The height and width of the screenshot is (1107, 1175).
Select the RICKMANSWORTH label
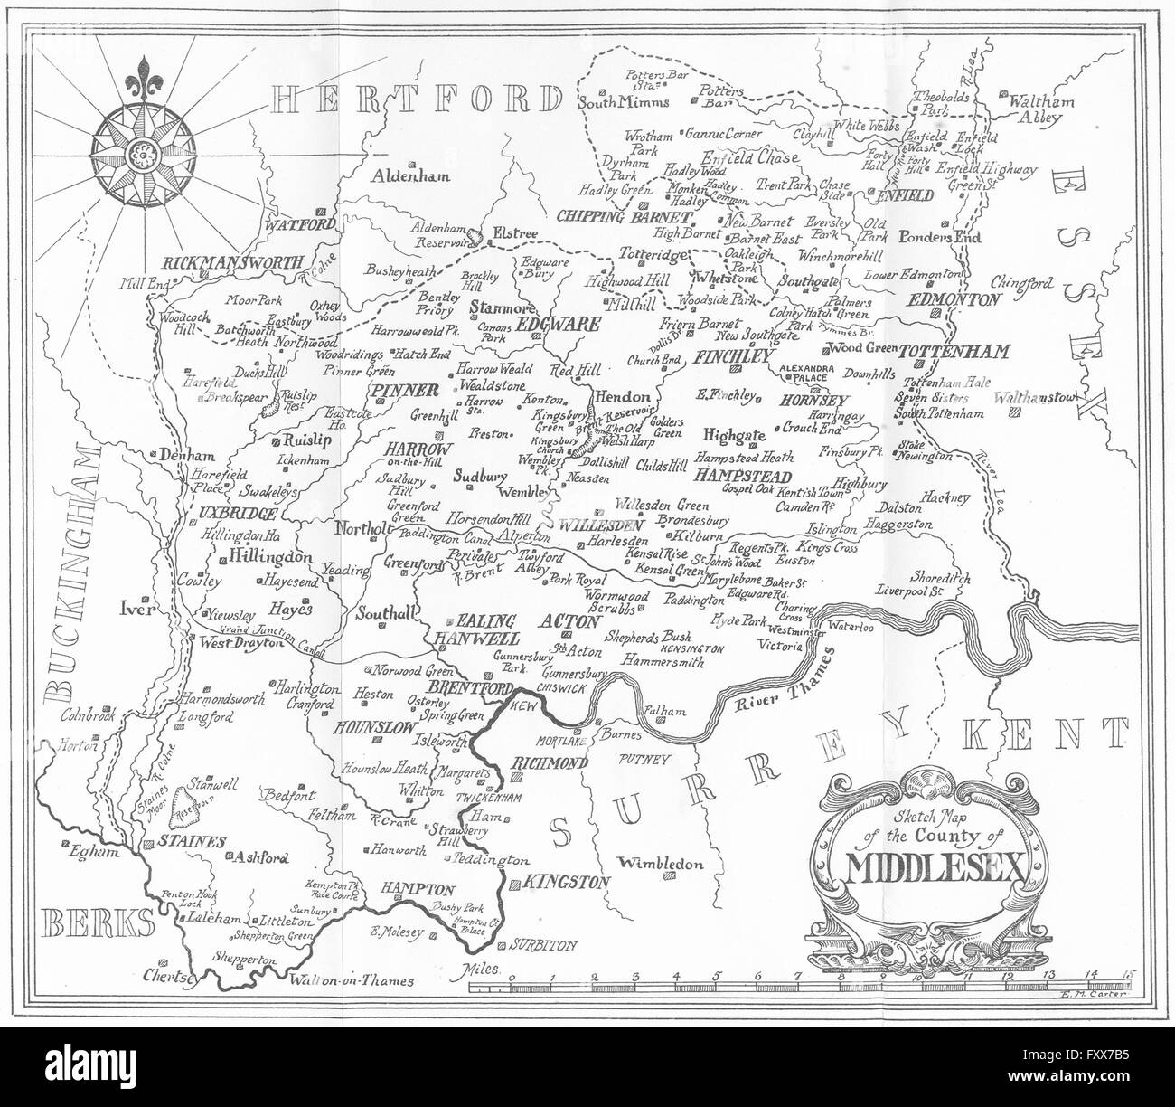point(232,263)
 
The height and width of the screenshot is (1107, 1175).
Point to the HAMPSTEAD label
point(744,477)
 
